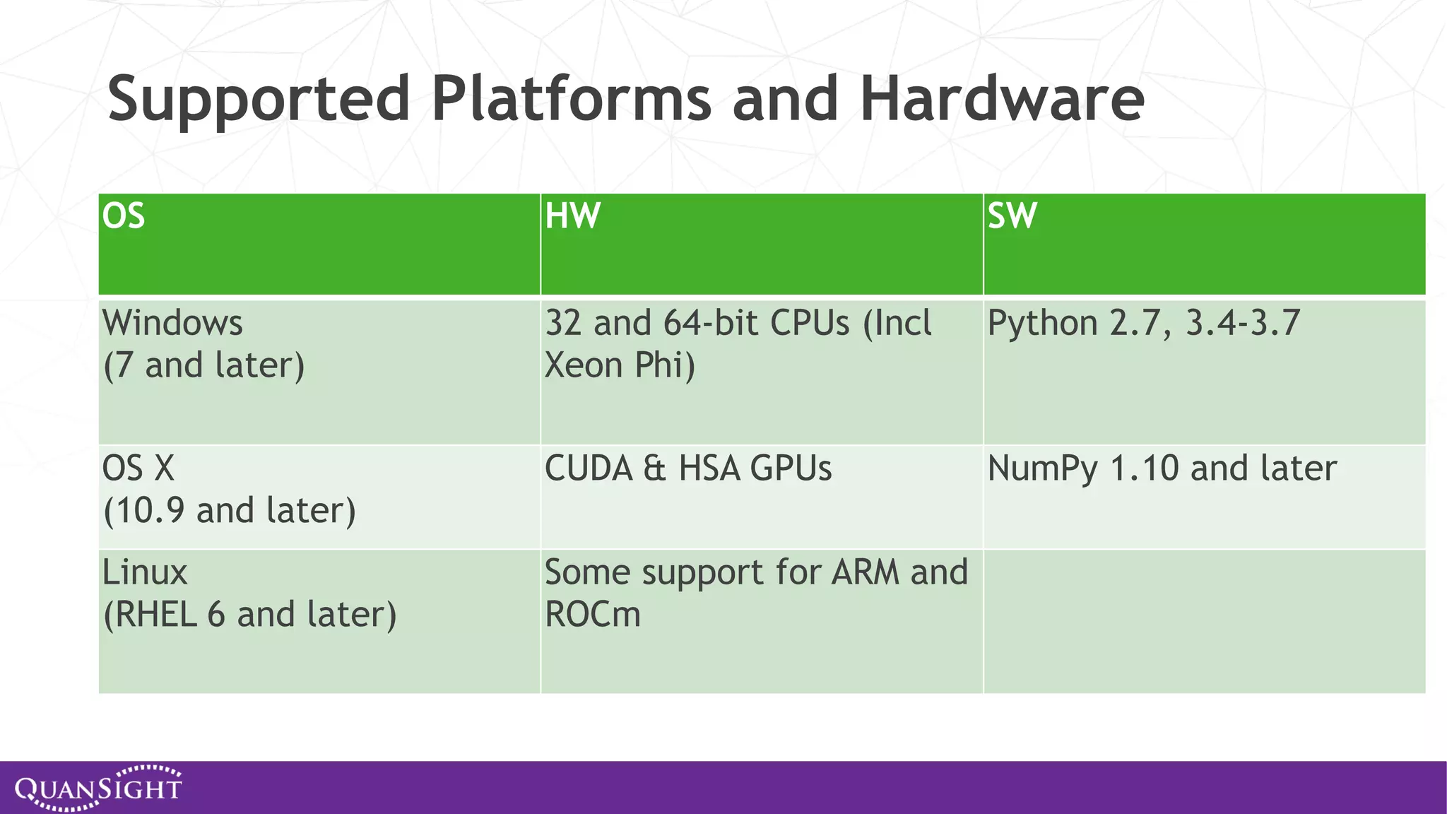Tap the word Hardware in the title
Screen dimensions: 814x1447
pyautogui.click(x=1002, y=99)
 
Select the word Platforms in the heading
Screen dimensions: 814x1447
pyautogui.click(x=571, y=99)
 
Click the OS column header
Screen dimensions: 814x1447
pyautogui.click(x=124, y=216)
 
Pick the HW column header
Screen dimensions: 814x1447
pyautogui.click(x=572, y=216)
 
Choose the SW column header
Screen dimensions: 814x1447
pyautogui.click(x=1012, y=216)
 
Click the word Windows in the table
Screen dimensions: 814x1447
pyautogui.click(x=172, y=324)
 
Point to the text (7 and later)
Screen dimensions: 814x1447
pyautogui.click(x=203, y=366)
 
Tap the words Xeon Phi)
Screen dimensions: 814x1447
pyautogui.click(x=620, y=366)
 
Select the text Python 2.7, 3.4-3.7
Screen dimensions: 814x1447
pyautogui.click(x=1143, y=324)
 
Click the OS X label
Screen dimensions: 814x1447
pyautogui.click(x=138, y=468)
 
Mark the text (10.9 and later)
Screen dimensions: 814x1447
pyautogui.click(x=229, y=511)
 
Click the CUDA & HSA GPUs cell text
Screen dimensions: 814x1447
pyautogui.click(x=687, y=468)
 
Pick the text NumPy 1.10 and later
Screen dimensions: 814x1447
pyautogui.click(x=1162, y=468)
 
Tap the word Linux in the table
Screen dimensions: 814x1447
pyautogui.click(x=145, y=572)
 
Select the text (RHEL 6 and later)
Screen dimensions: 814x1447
pyautogui.click(x=249, y=615)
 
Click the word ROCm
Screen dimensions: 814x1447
pyautogui.click(x=592, y=615)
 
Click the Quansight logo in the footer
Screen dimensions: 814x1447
pyautogui.click(x=99, y=788)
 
